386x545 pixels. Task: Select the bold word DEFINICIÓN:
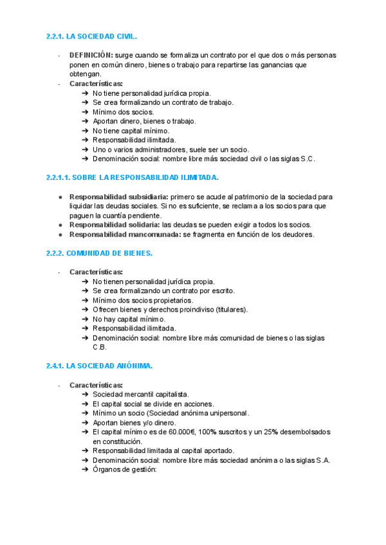click(91, 55)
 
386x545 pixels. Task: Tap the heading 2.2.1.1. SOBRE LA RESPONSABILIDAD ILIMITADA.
click(133, 177)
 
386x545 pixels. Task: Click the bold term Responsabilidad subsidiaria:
click(118, 197)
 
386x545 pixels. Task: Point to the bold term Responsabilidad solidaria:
click(115, 225)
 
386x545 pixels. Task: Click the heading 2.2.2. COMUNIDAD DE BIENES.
click(99, 253)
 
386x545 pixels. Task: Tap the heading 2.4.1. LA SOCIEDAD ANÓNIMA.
click(99, 366)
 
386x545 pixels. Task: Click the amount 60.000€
click(181, 432)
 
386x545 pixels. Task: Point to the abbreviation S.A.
click(322, 460)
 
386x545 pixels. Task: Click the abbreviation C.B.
click(100, 347)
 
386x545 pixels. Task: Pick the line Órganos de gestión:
click(125, 470)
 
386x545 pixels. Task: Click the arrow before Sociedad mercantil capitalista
click(86, 394)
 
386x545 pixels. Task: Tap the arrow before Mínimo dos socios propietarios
click(86, 300)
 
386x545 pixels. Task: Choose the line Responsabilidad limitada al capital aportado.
click(163, 451)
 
